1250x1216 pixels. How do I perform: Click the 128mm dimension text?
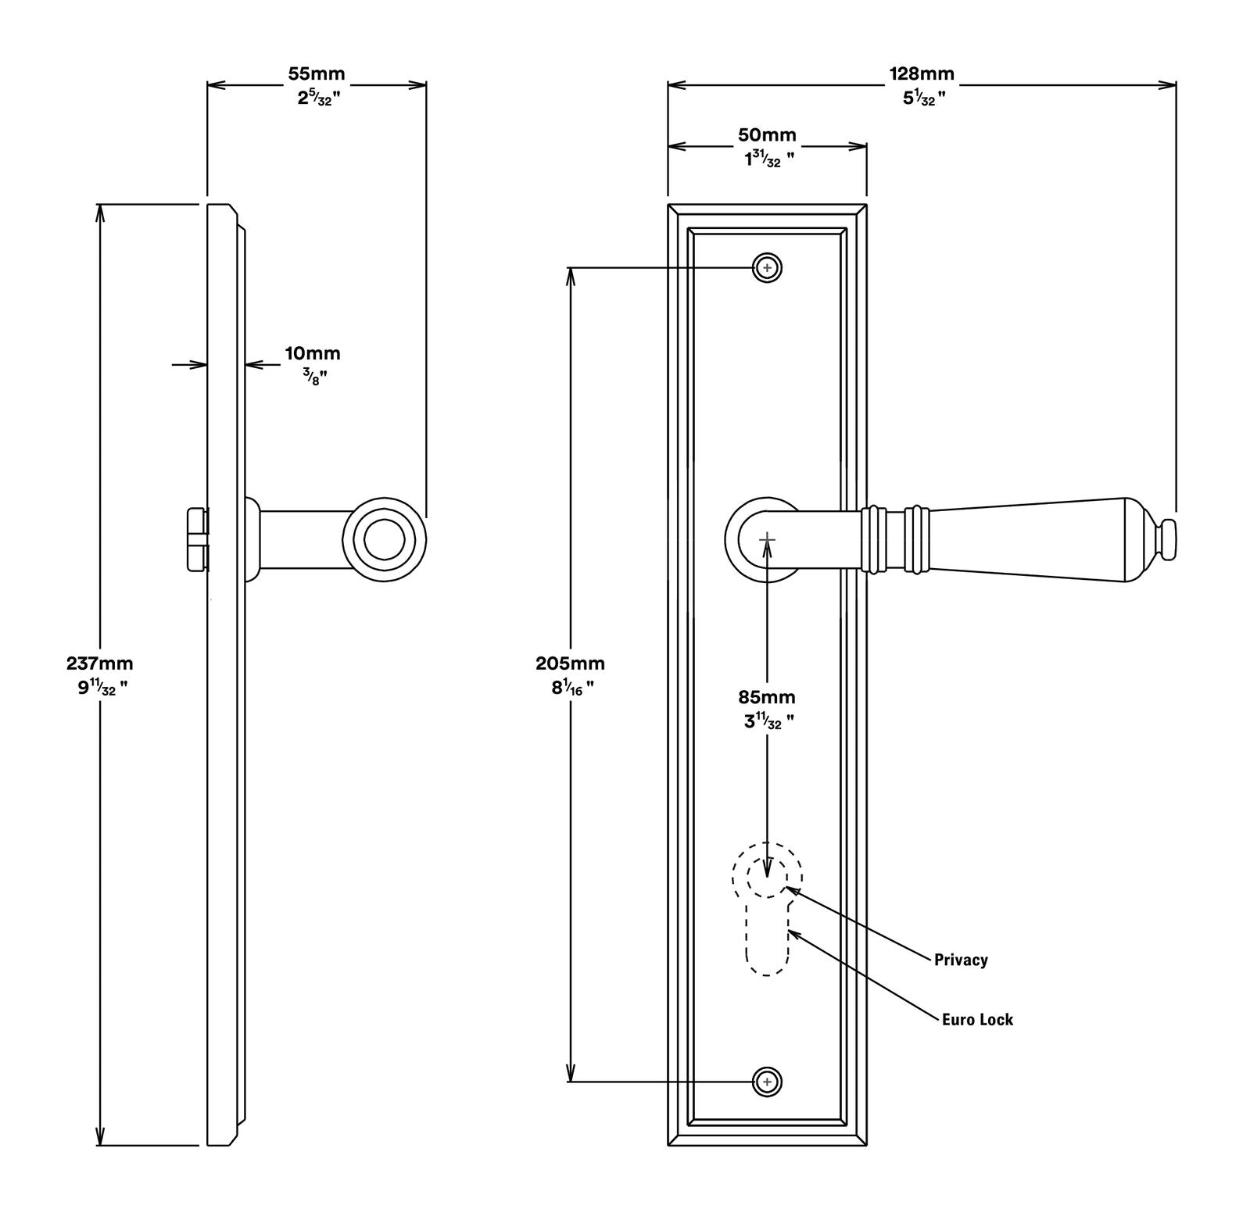[921, 73]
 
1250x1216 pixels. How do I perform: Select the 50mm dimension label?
[767, 134]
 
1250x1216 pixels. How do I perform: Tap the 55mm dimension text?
[316, 73]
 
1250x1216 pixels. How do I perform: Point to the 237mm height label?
[99, 663]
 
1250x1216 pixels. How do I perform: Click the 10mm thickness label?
[312, 353]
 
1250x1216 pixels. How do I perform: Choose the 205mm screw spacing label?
[570, 663]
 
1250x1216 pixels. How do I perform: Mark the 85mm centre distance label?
[766, 696]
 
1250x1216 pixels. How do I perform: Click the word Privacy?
[960, 960]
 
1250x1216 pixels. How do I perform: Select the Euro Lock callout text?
[976, 1019]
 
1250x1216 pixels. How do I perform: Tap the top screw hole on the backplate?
[767, 268]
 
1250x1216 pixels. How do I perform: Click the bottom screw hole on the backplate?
[767, 1082]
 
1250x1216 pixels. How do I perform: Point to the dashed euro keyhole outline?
[767, 938]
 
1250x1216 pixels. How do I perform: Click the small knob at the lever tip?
[1168, 539]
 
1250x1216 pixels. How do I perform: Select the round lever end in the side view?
[385, 538]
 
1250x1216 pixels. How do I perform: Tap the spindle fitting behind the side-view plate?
[197, 539]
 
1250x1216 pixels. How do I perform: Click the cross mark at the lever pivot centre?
[767, 539]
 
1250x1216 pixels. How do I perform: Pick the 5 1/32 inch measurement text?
[922, 98]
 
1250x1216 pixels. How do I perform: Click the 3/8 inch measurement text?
[314, 377]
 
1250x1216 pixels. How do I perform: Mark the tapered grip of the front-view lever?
[1032, 539]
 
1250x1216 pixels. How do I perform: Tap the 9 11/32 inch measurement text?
[98, 688]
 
